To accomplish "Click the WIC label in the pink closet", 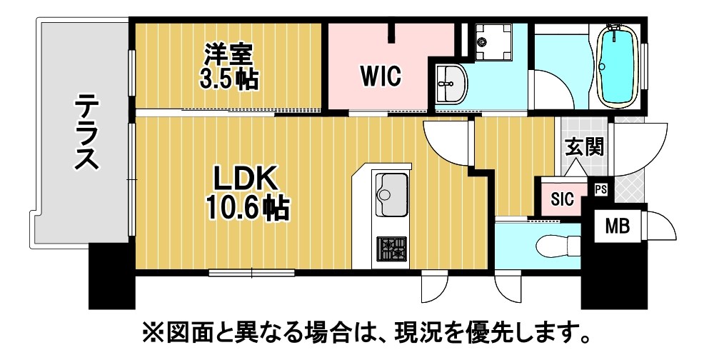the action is point(381,76).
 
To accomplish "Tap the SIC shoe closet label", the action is point(563,199).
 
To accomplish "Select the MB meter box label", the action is point(618,226).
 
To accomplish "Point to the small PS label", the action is point(600,189).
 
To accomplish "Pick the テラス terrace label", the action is point(86,132).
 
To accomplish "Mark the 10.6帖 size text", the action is point(248,208).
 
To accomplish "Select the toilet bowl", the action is point(558,246).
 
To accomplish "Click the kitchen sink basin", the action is point(391,194).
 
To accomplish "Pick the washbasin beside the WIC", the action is point(451,84).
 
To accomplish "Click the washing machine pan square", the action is point(493,41).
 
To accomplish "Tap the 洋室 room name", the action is point(228,55).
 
